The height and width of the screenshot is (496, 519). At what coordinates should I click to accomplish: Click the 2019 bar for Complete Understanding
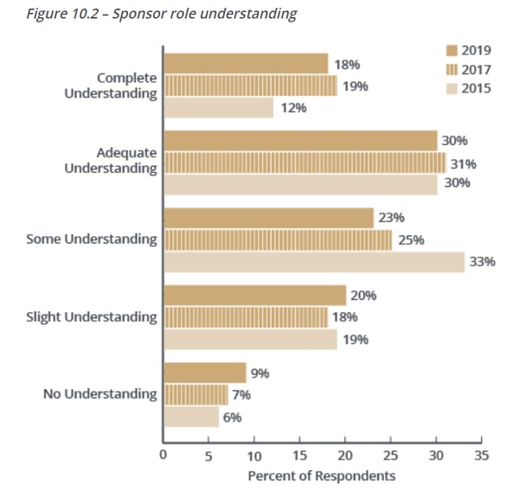[x=246, y=64]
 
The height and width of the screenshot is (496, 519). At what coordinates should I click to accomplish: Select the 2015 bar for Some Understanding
[x=313, y=262]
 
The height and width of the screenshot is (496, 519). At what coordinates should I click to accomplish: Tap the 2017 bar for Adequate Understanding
[x=304, y=162]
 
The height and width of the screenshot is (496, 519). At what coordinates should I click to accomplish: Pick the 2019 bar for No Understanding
[x=205, y=373]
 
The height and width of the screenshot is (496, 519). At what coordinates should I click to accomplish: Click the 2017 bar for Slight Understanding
[x=246, y=317]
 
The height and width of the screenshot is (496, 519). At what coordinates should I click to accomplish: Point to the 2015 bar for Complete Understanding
[x=218, y=107]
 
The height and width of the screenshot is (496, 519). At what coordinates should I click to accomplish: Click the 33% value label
[x=483, y=262]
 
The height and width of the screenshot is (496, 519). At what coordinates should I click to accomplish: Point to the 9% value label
[x=259, y=373]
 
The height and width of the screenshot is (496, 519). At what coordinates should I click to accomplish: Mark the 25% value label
[x=411, y=240]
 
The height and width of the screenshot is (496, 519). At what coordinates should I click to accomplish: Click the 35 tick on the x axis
[x=482, y=455]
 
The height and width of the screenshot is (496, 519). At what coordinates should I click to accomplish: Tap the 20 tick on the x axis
[x=345, y=455]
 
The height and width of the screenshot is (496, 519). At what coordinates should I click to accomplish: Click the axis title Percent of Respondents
[x=322, y=475]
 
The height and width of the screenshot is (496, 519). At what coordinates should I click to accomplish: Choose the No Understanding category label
[x=100, y=394]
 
